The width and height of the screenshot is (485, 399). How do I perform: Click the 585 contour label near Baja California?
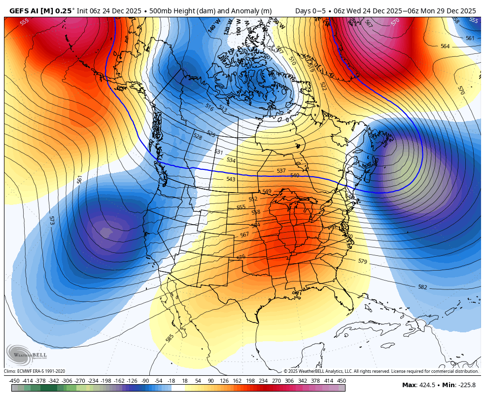[170, 338]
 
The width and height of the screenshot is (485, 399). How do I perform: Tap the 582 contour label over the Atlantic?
[422, 287]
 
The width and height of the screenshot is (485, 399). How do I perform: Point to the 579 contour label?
[362, 261]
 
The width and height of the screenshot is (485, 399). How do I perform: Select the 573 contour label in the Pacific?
[52, 220]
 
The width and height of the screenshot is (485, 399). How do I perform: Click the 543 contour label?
[231, 179]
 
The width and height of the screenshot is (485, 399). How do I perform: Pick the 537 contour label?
[281, 171]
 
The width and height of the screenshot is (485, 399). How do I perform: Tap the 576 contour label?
[241, 257]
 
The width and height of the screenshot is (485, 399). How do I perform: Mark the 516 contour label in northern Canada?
[209, 107]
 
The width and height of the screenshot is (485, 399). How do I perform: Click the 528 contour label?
[198, 136]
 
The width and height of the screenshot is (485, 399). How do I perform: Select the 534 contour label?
[231, 160]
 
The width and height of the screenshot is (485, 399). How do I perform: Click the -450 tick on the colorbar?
[14, 380]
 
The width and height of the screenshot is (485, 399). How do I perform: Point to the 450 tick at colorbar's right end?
[341, 380]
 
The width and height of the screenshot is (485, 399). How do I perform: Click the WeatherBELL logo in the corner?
[27, 355]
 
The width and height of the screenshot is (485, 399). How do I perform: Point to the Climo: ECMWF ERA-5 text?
[35, 371]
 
